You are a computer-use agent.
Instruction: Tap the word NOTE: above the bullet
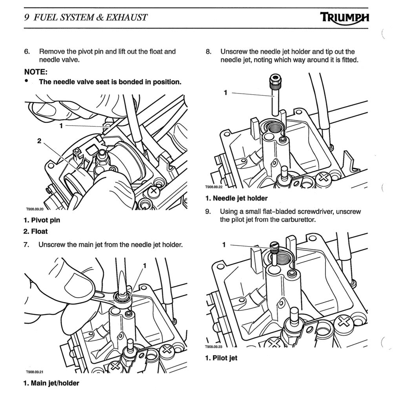click(36, 72)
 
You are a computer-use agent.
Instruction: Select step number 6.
click(27, 51)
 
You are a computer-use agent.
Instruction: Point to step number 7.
click(27, 245)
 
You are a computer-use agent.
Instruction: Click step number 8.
click(208, 51)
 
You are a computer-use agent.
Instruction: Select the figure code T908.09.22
click(214, 188)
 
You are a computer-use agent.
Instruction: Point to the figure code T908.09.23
click(214, 347)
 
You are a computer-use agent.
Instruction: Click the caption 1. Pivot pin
click(42, 220)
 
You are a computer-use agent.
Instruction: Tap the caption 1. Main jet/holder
click(51, 383)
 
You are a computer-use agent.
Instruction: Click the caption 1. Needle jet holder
click(236, 198)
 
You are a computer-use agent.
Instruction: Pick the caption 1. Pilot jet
click(221, 358)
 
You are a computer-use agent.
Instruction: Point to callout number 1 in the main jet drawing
click(144, 266)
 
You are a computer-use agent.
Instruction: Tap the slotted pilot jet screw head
click(274, 247)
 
